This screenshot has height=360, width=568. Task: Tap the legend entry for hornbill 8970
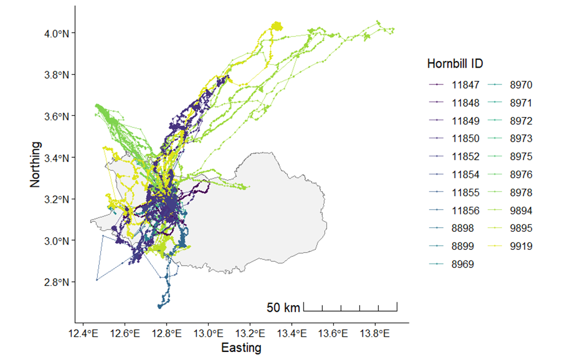point(516,85)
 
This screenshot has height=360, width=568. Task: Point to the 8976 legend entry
point(516,175)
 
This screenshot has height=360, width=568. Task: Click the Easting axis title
point(241,348)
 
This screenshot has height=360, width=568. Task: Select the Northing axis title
point(36,164)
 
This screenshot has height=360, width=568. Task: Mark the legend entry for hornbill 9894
point(516,210)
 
